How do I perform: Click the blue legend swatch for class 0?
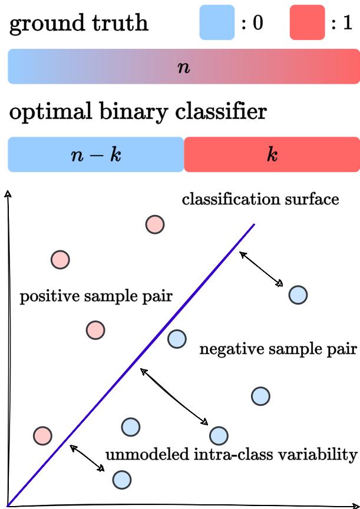click(x=217, y=22)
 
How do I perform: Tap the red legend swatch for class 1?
click(x=307, y=22)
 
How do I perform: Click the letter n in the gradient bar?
click(x=183, y=67)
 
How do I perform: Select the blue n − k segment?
click(x=95, y=154)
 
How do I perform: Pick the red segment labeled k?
click(x=272, y=154)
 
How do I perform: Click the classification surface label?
click(x=260, y=200)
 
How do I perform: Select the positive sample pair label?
click(x=96, y=296)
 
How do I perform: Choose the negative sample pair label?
click(x=278, y=349)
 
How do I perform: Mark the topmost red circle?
click(x=154, y=224)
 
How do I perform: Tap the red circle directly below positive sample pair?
click(x=95, y=330)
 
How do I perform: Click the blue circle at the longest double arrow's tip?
click(x=218, y=435)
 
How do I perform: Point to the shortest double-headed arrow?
click(x=87, y=458)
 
